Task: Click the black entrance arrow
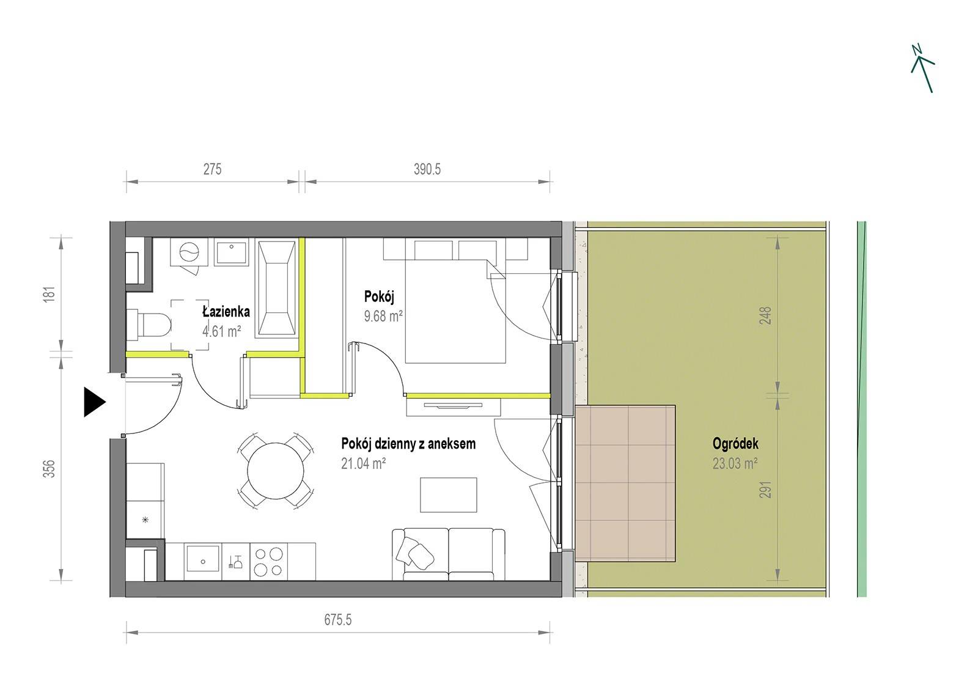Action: click(x=94, y=402)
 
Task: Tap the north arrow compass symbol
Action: click(x=922, y=68)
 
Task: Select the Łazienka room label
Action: click(x=226, y=311)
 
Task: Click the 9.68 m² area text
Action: click(x=383, y=316)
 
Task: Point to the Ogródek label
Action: click(x=735, y=444)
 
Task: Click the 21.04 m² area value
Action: click(x=363, y=463)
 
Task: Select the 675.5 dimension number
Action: click(x=337, y=619)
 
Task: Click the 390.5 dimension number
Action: click(x=427, y=169)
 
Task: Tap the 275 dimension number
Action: click(x=212, y=169)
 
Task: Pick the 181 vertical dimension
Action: click(x=50, y=294)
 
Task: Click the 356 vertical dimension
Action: click(x=50, y=469)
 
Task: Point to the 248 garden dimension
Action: click(x=765, y=315)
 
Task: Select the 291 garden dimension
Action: click(x=765, y=490)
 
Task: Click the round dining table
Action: click(x=275, y=471)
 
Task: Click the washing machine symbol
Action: click(x=189, y=252)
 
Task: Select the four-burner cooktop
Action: click(x=268, y=562)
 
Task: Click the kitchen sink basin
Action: click(x=202, y=558)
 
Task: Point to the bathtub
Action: click(x=277, y=288)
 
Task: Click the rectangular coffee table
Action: click(x=449, y=494)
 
